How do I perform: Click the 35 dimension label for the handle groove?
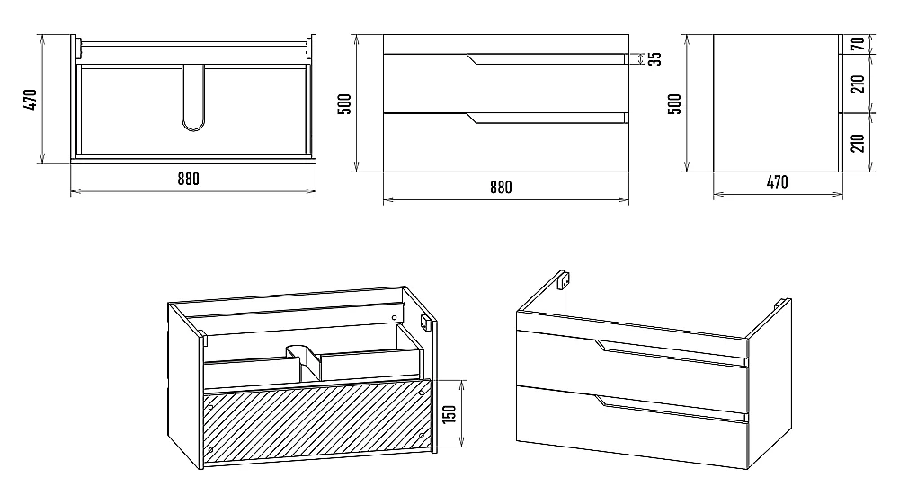[654, 58]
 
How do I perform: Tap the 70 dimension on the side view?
[858, 43]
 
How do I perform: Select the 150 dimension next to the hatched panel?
[449, 413]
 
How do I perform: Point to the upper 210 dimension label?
[858, 84]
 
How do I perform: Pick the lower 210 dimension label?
[858, 143]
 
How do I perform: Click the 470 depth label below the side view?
[777, 182]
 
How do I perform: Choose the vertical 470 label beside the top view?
[31, 100]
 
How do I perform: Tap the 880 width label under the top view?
[188, 180]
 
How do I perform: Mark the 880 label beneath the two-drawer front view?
[501, 187]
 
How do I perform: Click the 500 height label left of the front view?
[344, 103]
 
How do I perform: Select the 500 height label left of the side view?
[675, 103]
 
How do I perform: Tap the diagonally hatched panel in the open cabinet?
[317, 420]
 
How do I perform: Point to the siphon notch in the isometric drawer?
[303, 357]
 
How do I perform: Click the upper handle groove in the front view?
[547, 59]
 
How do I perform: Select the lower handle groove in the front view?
[547, 118]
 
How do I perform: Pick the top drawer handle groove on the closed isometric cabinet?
[672, 354]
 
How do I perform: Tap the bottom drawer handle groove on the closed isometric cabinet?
[672, 410]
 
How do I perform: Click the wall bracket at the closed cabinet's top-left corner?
[563, 279]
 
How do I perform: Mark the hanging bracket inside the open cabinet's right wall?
[426, 323]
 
